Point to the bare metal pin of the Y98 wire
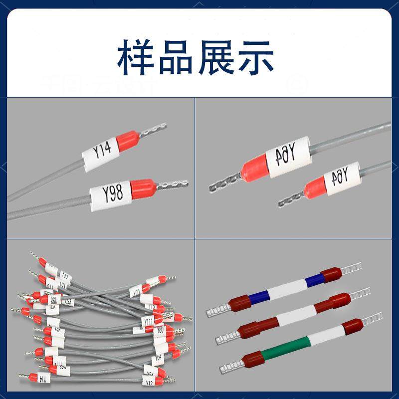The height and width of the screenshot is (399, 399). click(x=172, y=184)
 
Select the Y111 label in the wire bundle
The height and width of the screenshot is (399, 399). click(x=148, y=320)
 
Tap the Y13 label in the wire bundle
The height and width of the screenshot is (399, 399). click(x=148, y=383)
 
